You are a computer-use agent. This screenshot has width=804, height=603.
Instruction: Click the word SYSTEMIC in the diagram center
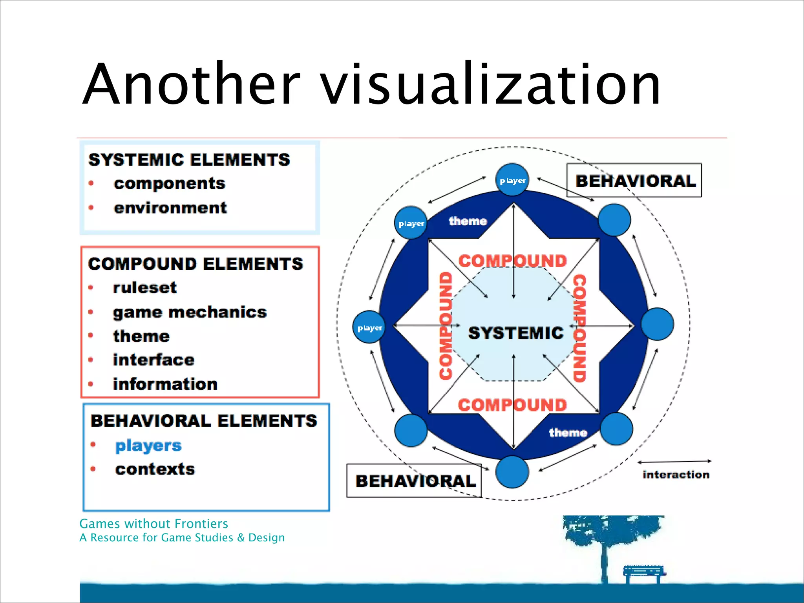[x=515, y=333]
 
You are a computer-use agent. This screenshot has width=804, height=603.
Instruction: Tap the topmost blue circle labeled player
[x=512, y=180]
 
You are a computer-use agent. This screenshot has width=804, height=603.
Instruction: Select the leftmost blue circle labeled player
[x=369, y=327]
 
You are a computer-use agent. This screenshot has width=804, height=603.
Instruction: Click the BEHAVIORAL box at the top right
[x=634, y=181]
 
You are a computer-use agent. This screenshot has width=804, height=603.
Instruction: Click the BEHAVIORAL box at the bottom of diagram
[x=415, y=481]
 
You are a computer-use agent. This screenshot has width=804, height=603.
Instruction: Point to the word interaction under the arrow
[x=676, y=475]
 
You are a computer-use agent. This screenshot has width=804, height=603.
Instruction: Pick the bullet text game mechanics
[x=190, y=312]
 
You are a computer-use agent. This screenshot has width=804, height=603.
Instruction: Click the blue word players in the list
[x=148, y=446]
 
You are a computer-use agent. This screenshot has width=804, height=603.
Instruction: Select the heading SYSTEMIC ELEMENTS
[x=189, y=160]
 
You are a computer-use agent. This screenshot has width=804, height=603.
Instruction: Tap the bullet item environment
[x=170, y=208]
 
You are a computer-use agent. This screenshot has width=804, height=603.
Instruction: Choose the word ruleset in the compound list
[x=145, y=288]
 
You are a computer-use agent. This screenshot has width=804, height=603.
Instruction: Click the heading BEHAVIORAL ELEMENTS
[x=204, y=421]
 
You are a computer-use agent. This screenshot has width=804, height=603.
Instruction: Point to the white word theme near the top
[x=467, y=221]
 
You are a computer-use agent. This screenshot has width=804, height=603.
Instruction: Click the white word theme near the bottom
[x=568, y=433]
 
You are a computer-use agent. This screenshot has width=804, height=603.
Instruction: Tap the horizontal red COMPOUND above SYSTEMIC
[x=513, y=261]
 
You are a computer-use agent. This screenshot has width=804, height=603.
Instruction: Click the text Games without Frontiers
[x=153, y=524]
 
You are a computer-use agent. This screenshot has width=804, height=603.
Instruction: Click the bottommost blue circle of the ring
[x=512, y=472]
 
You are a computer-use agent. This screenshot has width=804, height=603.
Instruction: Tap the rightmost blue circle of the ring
[x=657, y=324]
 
